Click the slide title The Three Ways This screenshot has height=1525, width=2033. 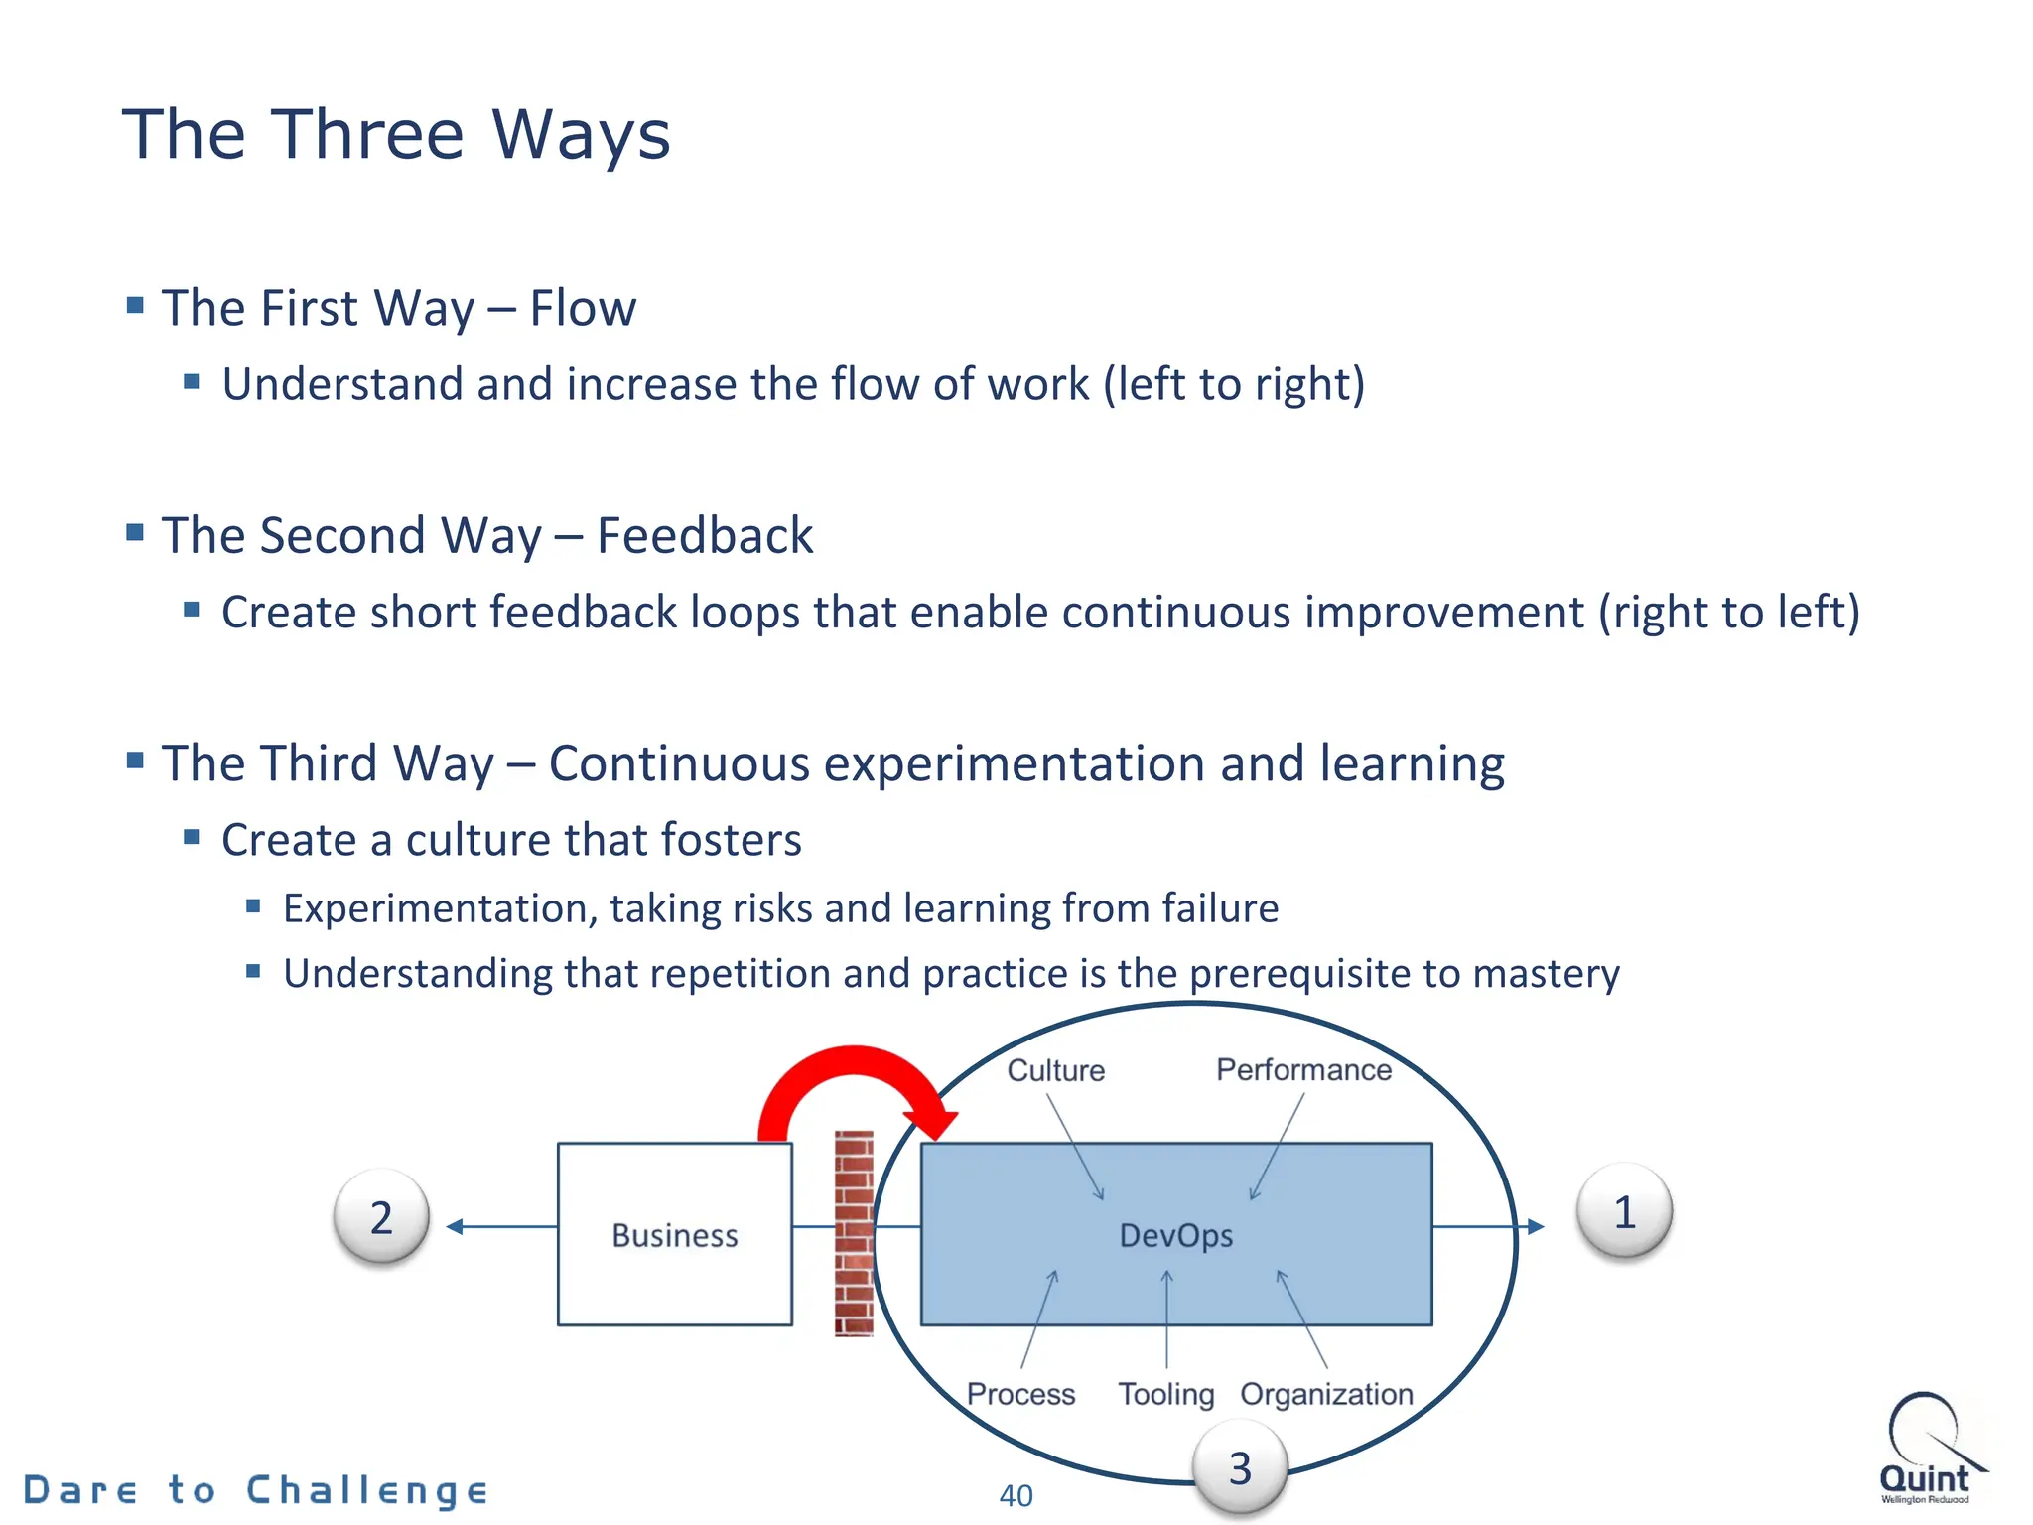click(395, 135)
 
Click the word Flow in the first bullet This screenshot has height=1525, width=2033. click(583, 308)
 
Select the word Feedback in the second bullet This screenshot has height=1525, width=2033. click(704, 536)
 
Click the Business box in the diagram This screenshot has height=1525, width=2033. click(674, 1234)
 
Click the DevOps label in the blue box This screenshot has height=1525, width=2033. click(1175, 1235)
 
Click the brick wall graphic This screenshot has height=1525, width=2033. click(854, 1234)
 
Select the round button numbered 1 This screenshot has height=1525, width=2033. click(1624, 1212)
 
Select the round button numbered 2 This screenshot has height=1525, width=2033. click(381, 1217)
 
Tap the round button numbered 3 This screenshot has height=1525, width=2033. click(1239, 1468)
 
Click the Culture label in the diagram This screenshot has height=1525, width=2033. click(1055, 1070)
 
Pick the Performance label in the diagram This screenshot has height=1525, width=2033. click(1303, 1069)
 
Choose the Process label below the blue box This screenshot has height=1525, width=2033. click(1020, 1394)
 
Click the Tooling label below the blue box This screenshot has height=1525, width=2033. click(1165, 1394)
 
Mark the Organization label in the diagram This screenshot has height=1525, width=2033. click(1326, 1394)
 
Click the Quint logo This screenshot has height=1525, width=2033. click(1926, 1449)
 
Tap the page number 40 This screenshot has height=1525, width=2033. click(1016, 1495)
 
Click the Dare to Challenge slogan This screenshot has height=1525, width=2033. click(255, 1490)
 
